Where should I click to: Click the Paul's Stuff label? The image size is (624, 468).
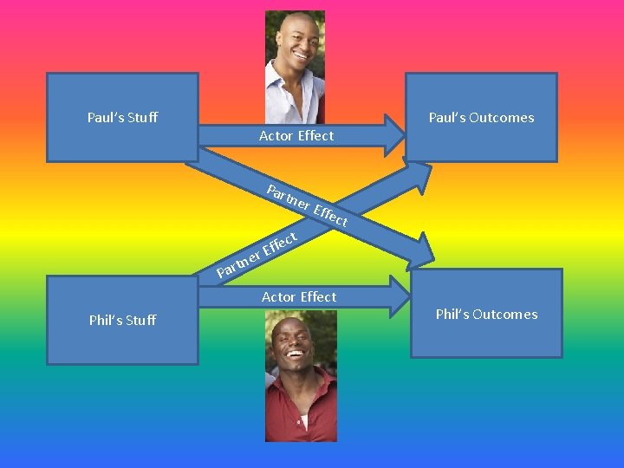pos(122,117)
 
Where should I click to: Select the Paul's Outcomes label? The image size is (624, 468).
pos(481,117)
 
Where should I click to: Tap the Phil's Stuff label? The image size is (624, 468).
pos(122,320)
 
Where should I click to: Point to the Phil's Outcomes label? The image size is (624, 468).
pos(486,314)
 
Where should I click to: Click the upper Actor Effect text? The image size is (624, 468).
pos(296,135)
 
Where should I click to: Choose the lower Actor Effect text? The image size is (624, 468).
pos(299,296)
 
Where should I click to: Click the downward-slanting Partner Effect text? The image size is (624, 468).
pos(307,206)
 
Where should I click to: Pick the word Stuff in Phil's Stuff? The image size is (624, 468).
pos(140,320)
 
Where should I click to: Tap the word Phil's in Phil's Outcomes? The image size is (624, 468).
pos(451,314)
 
